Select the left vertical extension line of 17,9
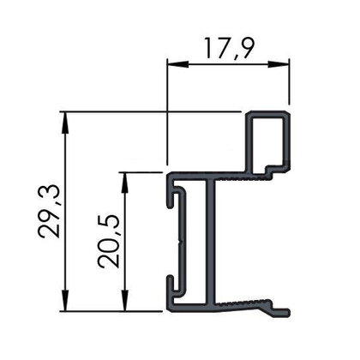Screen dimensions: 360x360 [x=165, y=111]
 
